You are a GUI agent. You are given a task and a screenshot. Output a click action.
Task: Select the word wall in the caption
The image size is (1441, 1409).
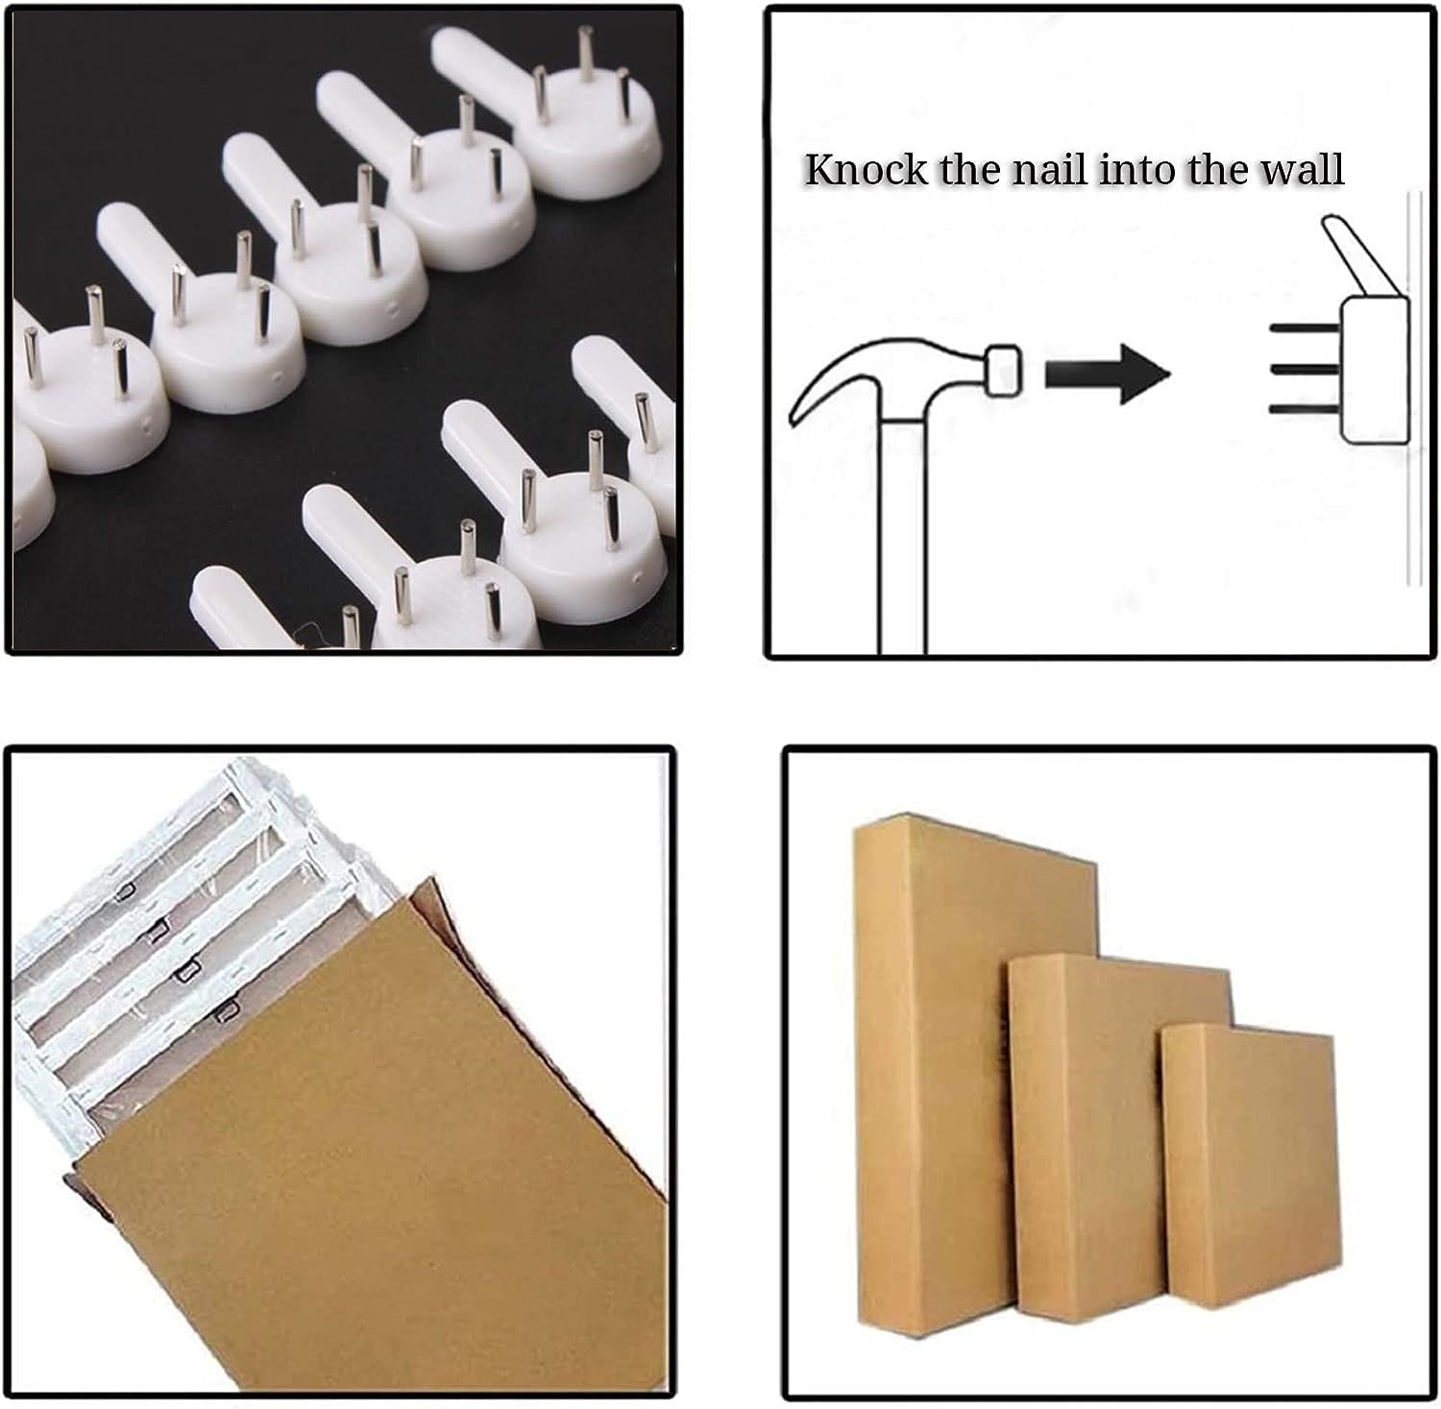click(1302, 169)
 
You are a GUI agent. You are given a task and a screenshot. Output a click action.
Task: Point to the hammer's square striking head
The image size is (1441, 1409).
click(1002, 370)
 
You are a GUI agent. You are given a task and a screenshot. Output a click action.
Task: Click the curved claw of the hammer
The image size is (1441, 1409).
click(826, 384)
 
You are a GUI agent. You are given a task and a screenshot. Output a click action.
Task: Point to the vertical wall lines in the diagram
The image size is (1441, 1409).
click(1414, 384)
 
